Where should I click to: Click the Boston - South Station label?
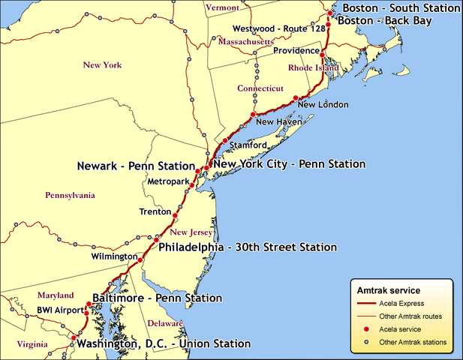[401, 8]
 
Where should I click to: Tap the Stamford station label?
[248, 144]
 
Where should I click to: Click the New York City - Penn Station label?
[289, 163]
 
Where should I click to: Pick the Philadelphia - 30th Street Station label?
[248, 247]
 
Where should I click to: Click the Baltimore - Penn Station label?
[157, 298]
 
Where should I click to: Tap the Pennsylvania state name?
[70, 196]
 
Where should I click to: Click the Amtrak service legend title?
[388, 290]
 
